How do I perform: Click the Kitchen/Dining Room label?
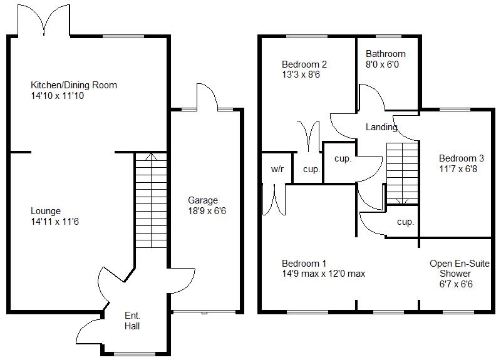click(74, 85)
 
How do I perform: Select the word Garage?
click(204, 200)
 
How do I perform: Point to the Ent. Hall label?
click(132, 321)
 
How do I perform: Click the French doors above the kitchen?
click(44, 20)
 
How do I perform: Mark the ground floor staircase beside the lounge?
click(150, 200)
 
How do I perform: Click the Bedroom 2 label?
click(304, 64)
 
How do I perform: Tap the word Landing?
click(381, 127)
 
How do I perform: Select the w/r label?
click(277, 169)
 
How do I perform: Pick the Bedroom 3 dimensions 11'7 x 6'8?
click(462, 168)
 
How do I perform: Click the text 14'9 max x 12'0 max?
click(323, 274)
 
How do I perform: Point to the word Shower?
click(455, 274)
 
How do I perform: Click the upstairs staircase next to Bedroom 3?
click(401, 173)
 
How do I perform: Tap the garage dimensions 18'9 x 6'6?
click(207, 211)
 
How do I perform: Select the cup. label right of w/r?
click(311, 169)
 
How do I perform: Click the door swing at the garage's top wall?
click(206, 96)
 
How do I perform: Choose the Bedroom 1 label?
click(304, 263)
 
